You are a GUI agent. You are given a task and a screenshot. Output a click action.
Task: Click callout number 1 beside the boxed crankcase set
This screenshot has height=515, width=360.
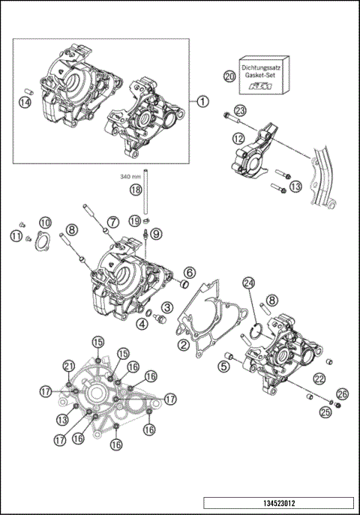pyautogui.click(x=204, y=101)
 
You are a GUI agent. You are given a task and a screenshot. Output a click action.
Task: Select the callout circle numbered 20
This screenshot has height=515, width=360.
pyautogui.click(x=229, y=76)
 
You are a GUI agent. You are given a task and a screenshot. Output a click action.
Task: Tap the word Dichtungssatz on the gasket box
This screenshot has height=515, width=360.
pyautogui.click(x=262, y=67)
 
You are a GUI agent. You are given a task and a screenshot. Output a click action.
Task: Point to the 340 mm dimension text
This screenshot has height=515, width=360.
pyautogui.click(x=131, y=177)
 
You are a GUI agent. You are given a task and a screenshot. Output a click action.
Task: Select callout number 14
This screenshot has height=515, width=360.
pyautogui.click(x=25, y=102)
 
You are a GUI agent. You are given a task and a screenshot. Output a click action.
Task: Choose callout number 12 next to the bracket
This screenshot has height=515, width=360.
pyautogui.click(x=238, y=139)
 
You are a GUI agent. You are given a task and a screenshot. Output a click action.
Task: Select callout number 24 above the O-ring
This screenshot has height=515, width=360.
pyautogui.click(x=249, y=283)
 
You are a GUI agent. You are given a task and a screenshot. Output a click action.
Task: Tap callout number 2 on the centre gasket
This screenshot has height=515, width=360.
pyautogui.click(x=182, y=345)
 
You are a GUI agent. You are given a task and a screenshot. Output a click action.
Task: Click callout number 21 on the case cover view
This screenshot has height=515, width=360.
pyautogui.click(x=70, y=365)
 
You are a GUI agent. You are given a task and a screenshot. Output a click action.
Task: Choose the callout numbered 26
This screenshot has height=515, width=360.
pyautogui.click(x=342, y=393)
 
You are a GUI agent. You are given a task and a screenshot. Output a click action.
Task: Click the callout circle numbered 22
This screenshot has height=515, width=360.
pyautogui.click(x=319, y=379)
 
